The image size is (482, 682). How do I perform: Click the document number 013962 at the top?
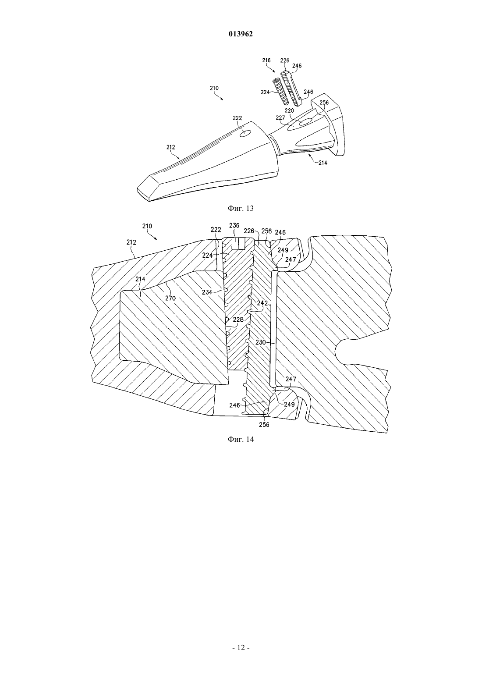pyautogui.click(x=241, y=34)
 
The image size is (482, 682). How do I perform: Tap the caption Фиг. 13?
pyautogui.click(x=241, y=208)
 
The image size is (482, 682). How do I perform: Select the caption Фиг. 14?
pyautogui.click(x=241, y=439)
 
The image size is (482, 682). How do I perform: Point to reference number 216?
pyautogui.click(x=266, y=60)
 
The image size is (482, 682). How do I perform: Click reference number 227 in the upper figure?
pyautogui.click(x=280, y=117)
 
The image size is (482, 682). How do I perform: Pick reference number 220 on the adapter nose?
pyautogui.click(x=289, y=111)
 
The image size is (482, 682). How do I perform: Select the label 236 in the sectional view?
pyautogui.click(x=234, y=225)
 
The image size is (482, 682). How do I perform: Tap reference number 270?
pyautogui.click(x=170, y=298)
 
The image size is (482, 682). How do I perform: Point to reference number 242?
pyautogui.click(x=262, y=303)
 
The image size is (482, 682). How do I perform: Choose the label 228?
pyautogui.click(x=238, y=320)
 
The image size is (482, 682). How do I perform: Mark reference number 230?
pyautogui.click(x=260, y=342)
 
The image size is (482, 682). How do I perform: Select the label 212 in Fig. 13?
pyautogui.click(x=171, y=147)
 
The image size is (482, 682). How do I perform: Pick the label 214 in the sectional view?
pyautogui.click(x=140, y=279)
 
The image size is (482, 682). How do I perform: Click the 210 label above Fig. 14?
pyautogui.click(x=147, y=226)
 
